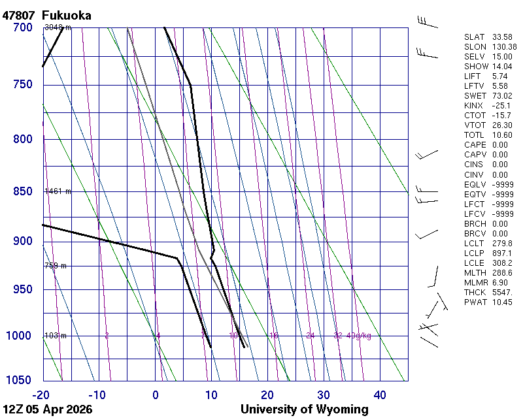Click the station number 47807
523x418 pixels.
point(19,15)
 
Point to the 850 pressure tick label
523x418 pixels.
point(23,191)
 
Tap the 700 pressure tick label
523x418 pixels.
point(23,27)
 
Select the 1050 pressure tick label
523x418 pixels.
point(20,381)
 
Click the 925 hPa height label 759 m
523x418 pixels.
point(56,266)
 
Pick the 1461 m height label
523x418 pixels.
point(58,191)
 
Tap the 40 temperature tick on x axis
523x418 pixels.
point(380,394)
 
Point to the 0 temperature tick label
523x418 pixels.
point(156,394)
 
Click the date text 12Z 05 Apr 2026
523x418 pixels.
point(48,410)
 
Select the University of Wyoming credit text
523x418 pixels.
point(305,410)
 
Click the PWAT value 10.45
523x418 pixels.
point(502,302)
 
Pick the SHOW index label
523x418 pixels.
point(476,67)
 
